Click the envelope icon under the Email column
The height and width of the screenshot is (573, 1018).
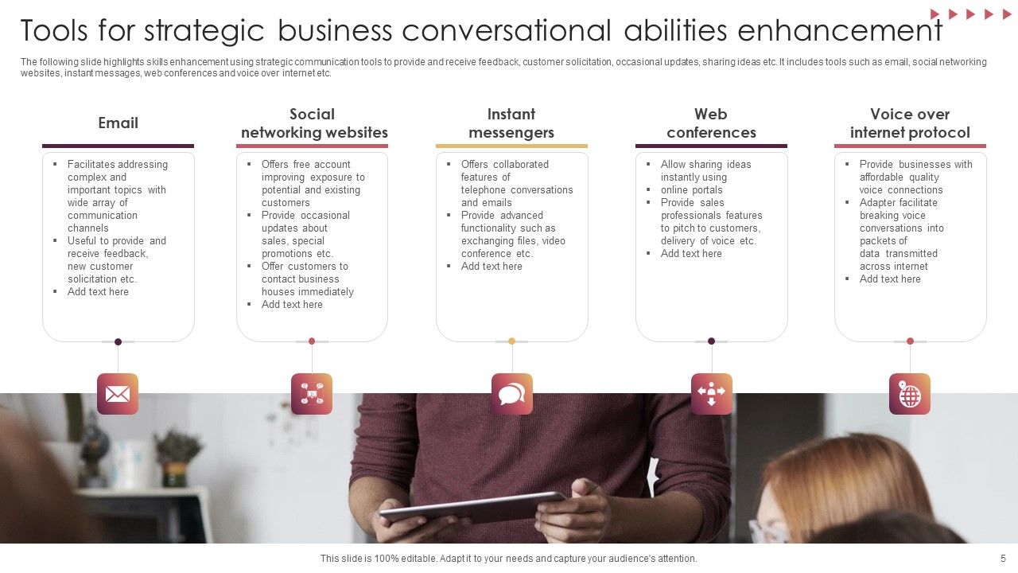pyautogui.click(x=118, y=394)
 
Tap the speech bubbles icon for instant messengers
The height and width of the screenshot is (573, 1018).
pyautogui.click(x=511, y=394)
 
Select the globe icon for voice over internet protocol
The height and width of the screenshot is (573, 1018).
pyautogui.click(x=910, y=394)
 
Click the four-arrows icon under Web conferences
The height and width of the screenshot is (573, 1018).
pyautogui.click(x=711, y=394)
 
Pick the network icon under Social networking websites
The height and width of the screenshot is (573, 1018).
pyautogui.click(x=312, y=394)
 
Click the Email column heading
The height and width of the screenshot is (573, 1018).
pyautogui.click(x=118, y=123)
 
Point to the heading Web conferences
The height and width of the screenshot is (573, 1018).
pyautogui.click(x=711, y=123)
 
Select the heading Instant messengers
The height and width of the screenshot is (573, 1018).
pyautogui.click(x=511, y=123)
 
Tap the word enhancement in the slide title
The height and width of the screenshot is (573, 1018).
pyautogui.click(x=840, y=31)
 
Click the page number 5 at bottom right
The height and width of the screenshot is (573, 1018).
pyautogui.click(x=1003, y=559)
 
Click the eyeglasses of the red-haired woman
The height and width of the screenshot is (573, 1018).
pyautogui.click(x=767, y=532)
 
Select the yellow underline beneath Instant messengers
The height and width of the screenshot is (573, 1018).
pyautogui.click(x=511, y=146)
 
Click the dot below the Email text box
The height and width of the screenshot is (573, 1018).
pyautogui.click(x=118, y=341)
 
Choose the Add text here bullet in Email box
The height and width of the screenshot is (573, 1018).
pyautogui.click(x=98, y=292)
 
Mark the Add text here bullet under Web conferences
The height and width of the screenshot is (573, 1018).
pyautogui.click(x=691, y=254)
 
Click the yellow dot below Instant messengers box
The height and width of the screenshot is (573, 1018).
pyautogui.click(x=511, y=341)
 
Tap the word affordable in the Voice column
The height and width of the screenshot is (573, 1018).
pyautogui.click(x=878, y=177)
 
